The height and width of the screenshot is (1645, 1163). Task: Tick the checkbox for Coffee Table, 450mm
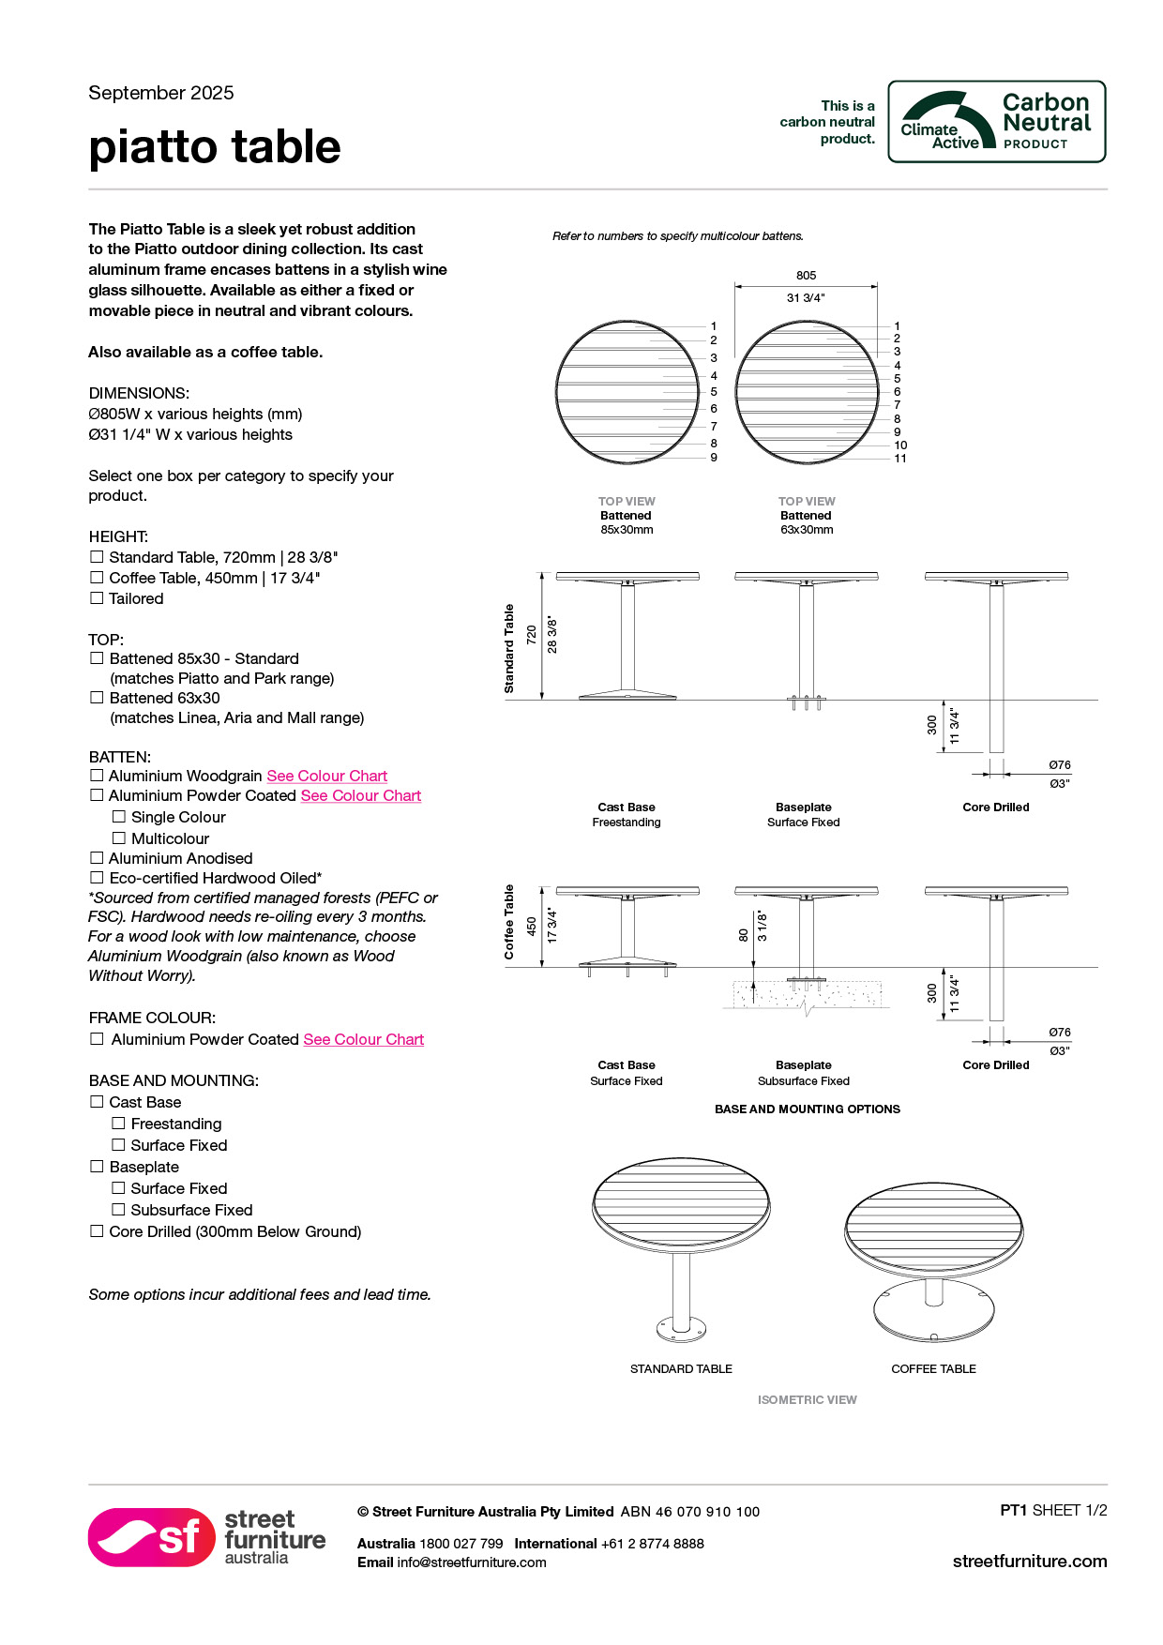(x=97, y=578)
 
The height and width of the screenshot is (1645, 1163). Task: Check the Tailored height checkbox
(x=97, y=598)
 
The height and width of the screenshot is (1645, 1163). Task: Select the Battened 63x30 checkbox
(x=97, y=698)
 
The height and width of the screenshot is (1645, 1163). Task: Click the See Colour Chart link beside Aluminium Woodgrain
(x=326, y=776)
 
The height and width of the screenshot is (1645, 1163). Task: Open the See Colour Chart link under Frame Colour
(x=363, y=1039)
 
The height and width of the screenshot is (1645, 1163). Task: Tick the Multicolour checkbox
(x=119, y=838)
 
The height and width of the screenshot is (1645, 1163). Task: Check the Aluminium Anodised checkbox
(x=97, y=858)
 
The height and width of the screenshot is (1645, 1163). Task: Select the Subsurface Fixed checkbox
(x=119, y=1210)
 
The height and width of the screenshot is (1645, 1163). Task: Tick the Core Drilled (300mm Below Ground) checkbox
(x=97, y=1231)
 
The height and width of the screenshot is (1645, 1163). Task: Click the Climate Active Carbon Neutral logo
(x=996, y=122)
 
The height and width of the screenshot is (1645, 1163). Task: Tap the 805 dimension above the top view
(x=806, y=276)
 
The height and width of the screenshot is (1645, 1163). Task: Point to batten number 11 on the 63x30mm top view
(x=900, y=459)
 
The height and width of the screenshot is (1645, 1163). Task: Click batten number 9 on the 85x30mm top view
(x=714, y=458)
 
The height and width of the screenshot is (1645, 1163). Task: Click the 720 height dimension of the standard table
(x=532, y=635)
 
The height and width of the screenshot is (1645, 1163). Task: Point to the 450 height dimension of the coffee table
(x=532, y=927)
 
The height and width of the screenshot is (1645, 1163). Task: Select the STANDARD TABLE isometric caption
(x=681, y=1369)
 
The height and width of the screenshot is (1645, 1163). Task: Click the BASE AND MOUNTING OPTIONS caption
(x=807, y=1109)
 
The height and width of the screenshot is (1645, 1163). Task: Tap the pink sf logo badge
(x=152, y=1537)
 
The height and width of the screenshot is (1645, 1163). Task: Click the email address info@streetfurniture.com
(x=471, y=1562)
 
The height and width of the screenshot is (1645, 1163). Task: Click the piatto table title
(x=215, y=147)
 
